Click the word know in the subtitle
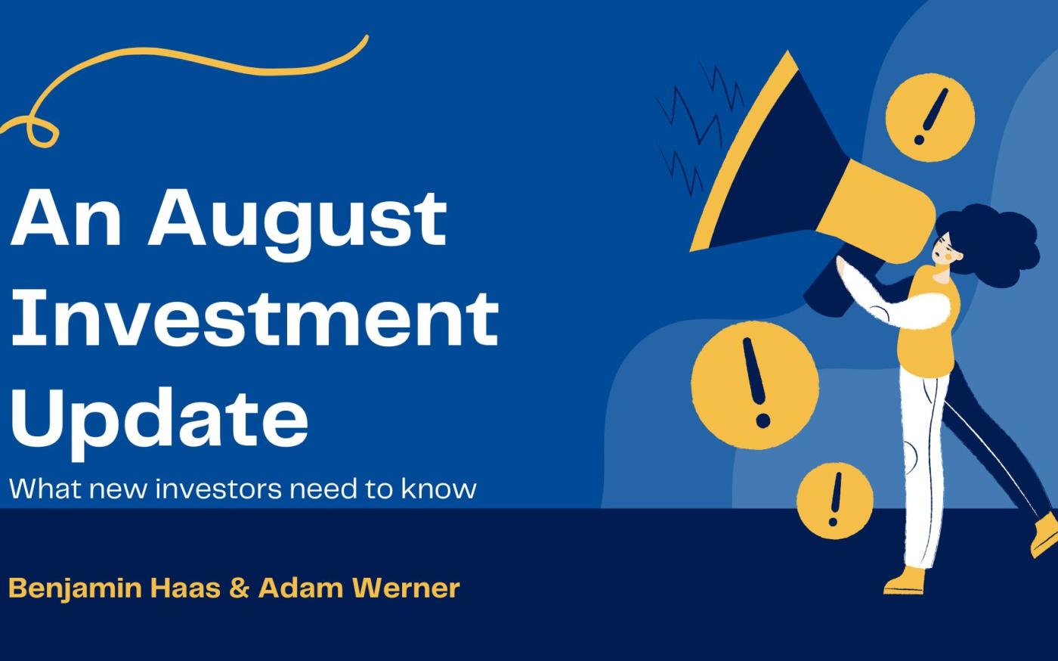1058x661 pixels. pos(439,489)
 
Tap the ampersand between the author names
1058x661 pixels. pos(240,588)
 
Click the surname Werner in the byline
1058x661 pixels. pos(407,588)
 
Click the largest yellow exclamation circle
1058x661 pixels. pos(755,385)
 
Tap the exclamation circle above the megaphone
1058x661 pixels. pos(930,117)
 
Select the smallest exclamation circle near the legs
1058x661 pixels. pos(834,500)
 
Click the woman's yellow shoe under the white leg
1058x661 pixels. pos(905,582)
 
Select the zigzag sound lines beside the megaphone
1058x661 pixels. pos(699,128)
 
